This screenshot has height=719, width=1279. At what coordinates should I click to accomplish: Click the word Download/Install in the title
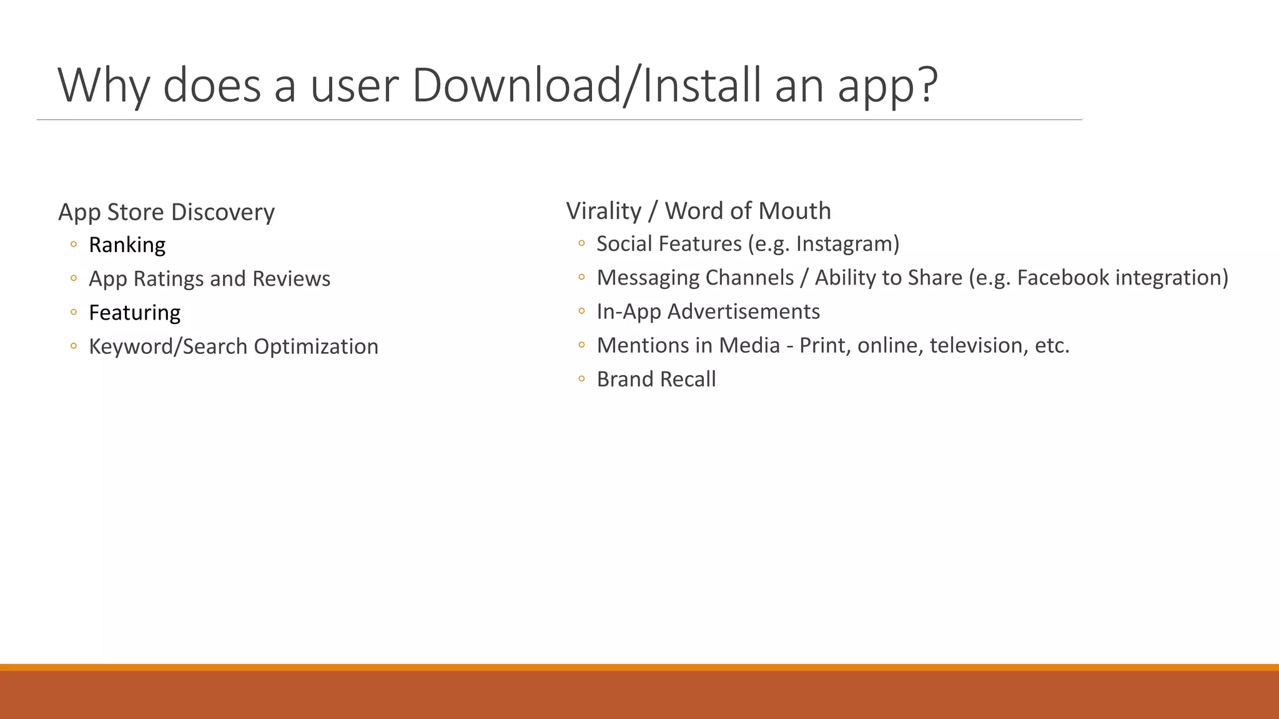586,85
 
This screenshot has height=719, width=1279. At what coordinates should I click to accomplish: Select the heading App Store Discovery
166,212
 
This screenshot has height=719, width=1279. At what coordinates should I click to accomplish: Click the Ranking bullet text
127,245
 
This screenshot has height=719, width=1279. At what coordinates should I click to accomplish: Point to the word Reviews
291,278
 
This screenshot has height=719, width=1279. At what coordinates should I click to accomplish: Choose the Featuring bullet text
134,313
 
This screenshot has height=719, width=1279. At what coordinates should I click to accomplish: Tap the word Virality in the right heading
603,211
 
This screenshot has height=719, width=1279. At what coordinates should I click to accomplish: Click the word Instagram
845,243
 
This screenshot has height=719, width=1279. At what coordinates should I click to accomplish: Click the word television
979,345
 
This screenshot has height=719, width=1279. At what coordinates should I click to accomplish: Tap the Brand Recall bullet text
656,379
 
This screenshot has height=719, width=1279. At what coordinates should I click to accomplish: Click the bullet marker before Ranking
74,245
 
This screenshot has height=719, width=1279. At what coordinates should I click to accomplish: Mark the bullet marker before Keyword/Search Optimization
74,346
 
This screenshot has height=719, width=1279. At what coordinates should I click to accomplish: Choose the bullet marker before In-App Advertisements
581,311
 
